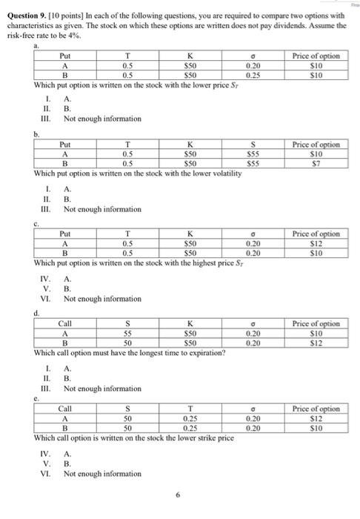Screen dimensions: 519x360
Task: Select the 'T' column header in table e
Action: click(190, 409)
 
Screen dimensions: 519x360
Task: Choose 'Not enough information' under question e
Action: click(91, 474)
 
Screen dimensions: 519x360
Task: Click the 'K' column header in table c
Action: click(190, 234)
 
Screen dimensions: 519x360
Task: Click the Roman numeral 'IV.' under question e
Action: click(44, 453)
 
